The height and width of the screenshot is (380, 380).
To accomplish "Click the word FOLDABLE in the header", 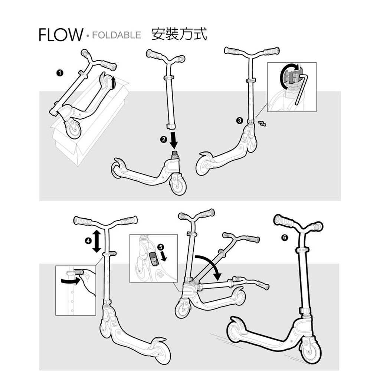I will pos(116,35).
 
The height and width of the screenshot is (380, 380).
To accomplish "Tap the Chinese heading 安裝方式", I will pos(179,34).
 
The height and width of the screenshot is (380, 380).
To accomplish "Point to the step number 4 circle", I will pos(88,241).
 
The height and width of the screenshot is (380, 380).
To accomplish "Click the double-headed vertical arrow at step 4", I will pos(96,241).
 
